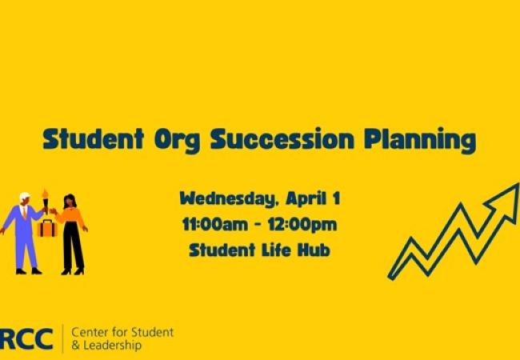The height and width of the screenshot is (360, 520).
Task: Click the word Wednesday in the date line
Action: pyautogui.click(x=223, y=198)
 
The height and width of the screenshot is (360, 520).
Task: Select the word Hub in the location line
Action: pyautogui.click(x=314, y=250)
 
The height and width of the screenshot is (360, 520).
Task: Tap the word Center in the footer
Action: pyautogui.click(x=90, y=331)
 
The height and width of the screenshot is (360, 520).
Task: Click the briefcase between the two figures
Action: pyautogui.click(x=46, y=227)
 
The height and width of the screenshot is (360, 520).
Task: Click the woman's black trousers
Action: pyautogui.click(x=74, y=248)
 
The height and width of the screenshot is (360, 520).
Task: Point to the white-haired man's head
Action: pyautogui.click(x=25, y=198)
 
